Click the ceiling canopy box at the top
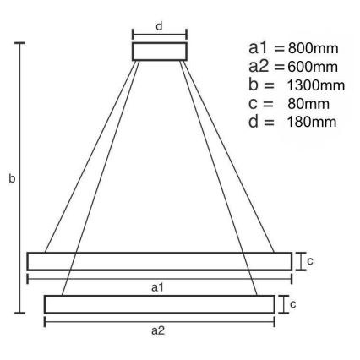158,52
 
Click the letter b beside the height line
11,179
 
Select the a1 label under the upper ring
158,288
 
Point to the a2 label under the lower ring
159,330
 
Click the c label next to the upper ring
310,261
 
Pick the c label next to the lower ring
292,303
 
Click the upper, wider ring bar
158,261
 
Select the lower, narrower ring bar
159,304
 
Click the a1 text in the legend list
259,48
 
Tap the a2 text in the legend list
259,67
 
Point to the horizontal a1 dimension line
101,278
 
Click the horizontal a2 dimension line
101,321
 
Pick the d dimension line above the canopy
158,35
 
